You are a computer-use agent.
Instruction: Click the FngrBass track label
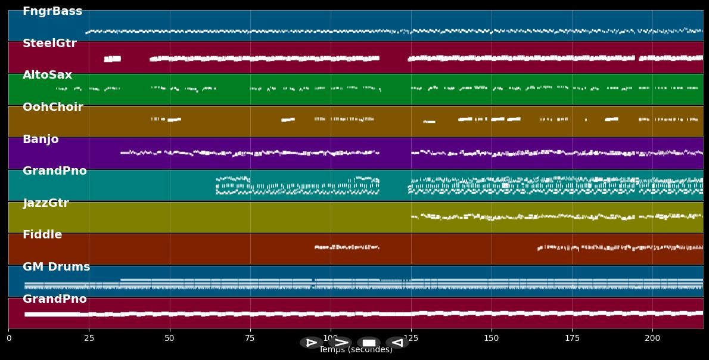click(x=52, y=11)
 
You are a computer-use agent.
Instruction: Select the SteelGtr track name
click(x=49, y=44)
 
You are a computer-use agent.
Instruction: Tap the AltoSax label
click(x=47, y=75)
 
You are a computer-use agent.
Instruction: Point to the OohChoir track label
click(x=53, y=107)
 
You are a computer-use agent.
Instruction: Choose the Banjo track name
click(x=41, y=139)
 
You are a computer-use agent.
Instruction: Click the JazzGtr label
click(x=46, y=203)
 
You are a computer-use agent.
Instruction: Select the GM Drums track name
click(x=56, y=267)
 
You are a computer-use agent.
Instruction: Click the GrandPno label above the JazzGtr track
click(x=55, y=171)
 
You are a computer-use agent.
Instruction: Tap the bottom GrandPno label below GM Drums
click(x=55, y=299)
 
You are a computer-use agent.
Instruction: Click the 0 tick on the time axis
click(x=8, y=339)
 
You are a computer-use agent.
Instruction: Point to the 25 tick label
click(x=89, y=339)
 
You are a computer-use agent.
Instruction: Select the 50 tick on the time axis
click(x=170, y=339)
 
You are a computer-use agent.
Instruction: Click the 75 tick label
click(x=250, y=339)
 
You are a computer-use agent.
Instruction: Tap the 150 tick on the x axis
click(x=492, y=339)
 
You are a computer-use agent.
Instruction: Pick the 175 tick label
click(x=572, y=339)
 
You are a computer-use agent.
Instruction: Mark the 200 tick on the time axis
click(x=652, y=339)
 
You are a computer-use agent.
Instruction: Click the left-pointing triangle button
click(x=397, y=343)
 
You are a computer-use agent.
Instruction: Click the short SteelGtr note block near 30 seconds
click(x=112, y=59)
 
